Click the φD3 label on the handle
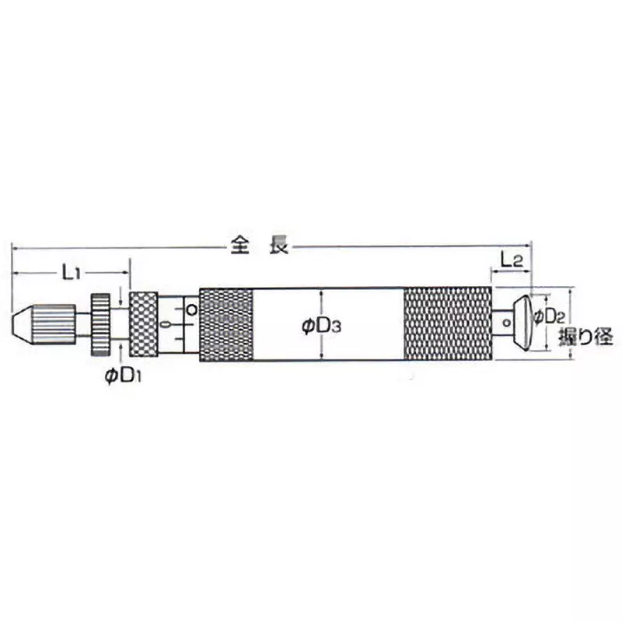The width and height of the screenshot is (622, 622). point(320,327)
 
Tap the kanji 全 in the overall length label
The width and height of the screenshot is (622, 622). point(239,246)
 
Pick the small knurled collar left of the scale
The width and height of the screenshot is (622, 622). point(144,323)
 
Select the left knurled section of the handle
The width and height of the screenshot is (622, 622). point(226,324)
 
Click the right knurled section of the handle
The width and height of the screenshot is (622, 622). point(448,324)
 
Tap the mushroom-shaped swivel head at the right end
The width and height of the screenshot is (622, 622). point(525,322)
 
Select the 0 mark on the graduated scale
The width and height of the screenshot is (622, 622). point(165,323)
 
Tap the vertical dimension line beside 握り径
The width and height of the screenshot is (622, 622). point(571,323)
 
